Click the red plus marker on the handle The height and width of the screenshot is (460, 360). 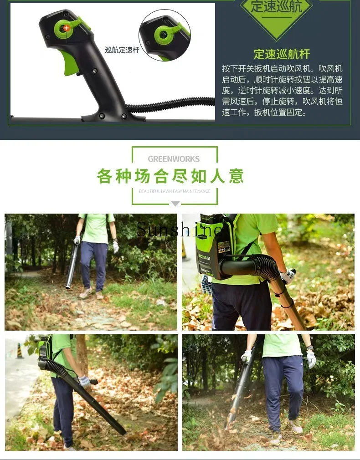[66, 28]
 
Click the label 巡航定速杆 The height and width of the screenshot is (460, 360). [122, 50]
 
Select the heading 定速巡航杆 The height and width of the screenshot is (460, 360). [282, 54]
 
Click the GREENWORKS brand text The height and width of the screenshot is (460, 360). [174, 159]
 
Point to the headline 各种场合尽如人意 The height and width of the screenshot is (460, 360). [170, 176]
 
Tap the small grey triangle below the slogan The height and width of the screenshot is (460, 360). [175, 204]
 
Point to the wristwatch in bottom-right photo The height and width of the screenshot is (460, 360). [310, 349]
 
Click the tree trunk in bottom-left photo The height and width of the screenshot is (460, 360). [82, 355]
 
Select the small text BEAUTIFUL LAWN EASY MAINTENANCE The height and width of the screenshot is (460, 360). [175, 191]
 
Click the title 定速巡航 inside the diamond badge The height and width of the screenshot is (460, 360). [276, 8]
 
